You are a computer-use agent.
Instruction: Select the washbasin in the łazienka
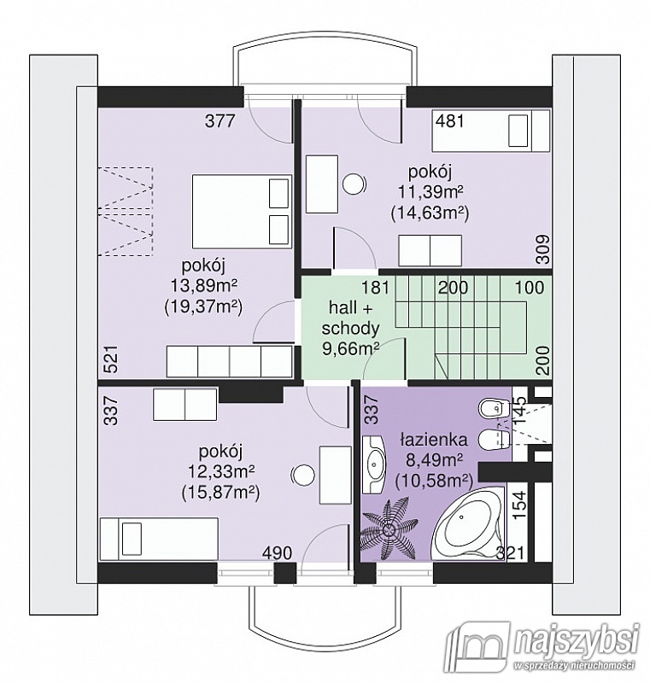click(x=374, y=464)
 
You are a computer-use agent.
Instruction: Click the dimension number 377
click(x=220, y=120)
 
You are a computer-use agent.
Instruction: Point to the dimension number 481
click(x=450, y=120)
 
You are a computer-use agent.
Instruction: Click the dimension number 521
click(x=112, y=359)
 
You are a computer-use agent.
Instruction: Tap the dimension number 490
click(x=277, y=552)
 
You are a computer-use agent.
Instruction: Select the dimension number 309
click(x=543, y=248)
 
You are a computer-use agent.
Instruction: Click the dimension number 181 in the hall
click(x=375, y=288)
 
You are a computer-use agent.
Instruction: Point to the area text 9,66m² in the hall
click(x=350, y=348)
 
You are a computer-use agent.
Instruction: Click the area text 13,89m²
click(x=203, y=286)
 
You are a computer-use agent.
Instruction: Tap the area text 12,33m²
click(x=220, y=471)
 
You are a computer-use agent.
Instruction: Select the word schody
click(x=350, y=328)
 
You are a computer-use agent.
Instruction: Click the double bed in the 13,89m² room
click(x=242, y=212)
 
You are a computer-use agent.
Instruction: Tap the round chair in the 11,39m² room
click(x=353, y=184)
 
